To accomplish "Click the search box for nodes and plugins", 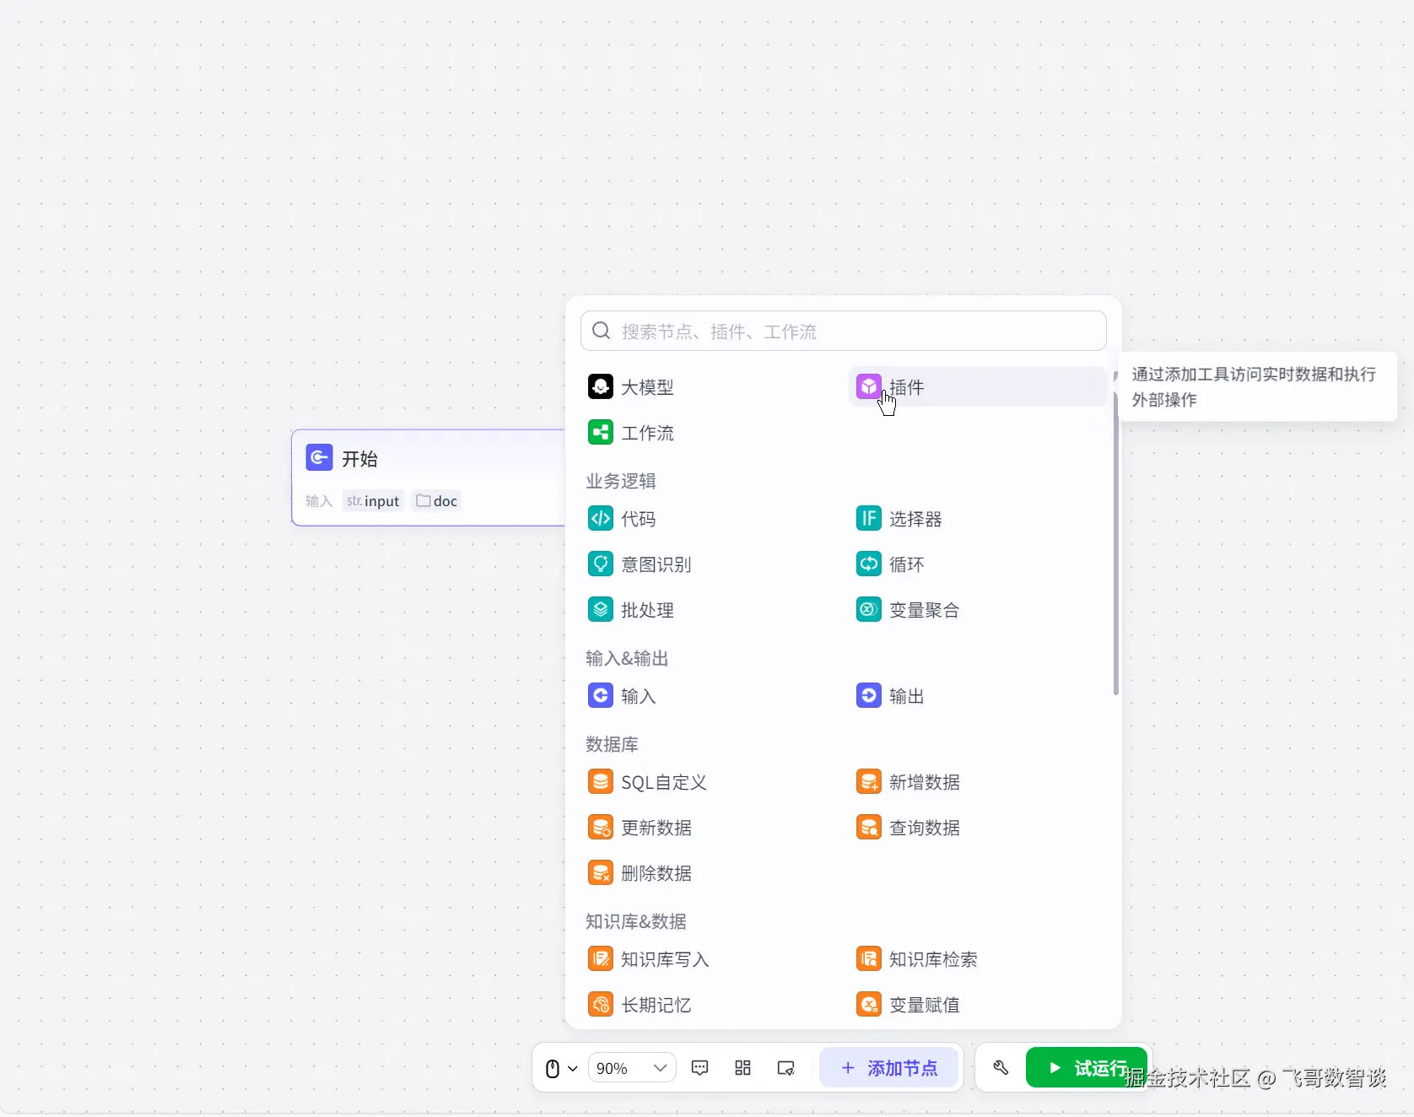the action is pyautogui.click(x=844, y=332).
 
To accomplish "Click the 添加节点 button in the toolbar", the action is pyautogui.click(x=889, y=1068).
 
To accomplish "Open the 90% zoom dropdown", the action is pyautogui.click(x=631, y=1068).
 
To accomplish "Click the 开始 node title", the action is pyautogui.click(x=359, y=459).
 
